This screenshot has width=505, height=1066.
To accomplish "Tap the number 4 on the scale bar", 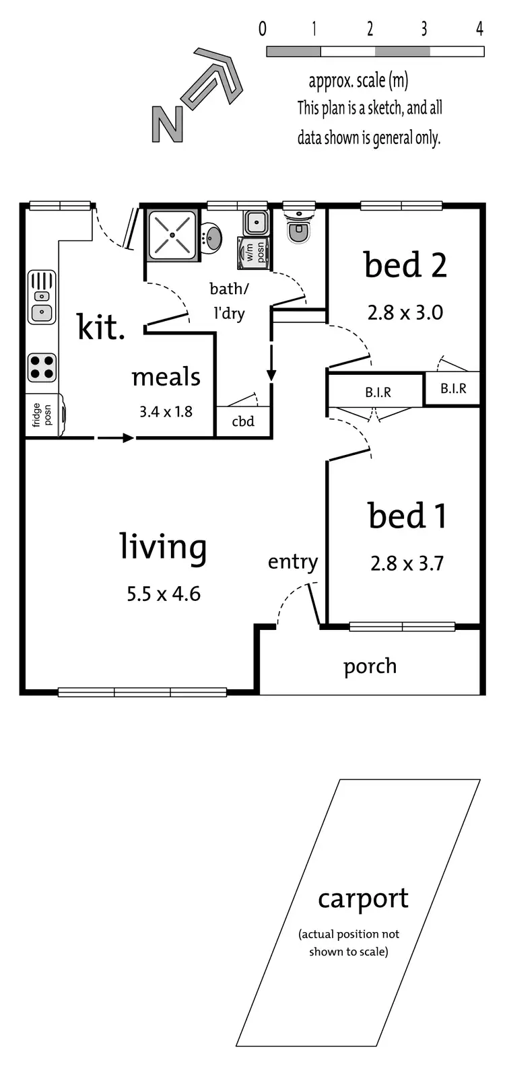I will point(479,28).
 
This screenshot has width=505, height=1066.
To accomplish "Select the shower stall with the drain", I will point(172,235).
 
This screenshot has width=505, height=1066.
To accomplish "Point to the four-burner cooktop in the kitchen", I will point(42,367).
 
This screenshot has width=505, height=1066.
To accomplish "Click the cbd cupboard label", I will point(243,421).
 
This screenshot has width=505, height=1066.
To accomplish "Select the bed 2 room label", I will point(405,264).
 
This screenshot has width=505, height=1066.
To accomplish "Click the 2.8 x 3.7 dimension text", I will point(407,563).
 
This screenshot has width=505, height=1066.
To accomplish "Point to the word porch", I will point(370,666).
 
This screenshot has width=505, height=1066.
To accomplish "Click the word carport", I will point(363,899).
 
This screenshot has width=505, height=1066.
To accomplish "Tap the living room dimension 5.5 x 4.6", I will point(164,594).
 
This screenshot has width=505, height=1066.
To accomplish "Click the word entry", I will point(292,562).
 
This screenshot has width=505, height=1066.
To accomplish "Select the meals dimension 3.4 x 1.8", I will point(166,411).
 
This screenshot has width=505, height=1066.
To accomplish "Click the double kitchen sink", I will point(42,297).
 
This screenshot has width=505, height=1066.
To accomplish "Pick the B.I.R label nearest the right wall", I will point(453,388).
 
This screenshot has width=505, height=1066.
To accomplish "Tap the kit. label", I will point(101,327).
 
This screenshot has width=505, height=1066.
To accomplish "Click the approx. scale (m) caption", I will point(358,81).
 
